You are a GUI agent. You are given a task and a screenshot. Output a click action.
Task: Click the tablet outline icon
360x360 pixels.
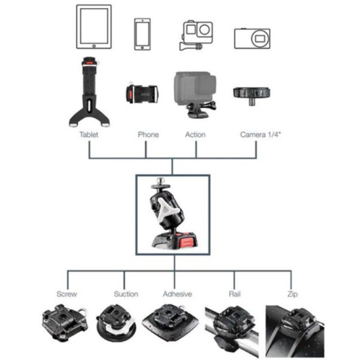[x=94, y=27]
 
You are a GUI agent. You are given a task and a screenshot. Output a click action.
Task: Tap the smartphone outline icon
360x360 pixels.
[x=143, y=34]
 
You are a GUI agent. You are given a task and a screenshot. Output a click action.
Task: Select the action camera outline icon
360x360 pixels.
[x=196, y=35]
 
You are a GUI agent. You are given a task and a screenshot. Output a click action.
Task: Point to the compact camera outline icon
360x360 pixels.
[x=252, y=38]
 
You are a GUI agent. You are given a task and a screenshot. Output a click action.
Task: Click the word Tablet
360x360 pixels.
[x=89, y=134]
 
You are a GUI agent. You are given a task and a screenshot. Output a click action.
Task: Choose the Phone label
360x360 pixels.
[x=148, y=134]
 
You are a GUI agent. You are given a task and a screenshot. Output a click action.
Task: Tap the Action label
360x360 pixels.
[x=196, y=134]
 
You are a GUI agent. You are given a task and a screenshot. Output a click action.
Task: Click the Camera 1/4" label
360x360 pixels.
[x=261, y=134]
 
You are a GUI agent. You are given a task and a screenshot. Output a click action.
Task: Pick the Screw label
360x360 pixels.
[x=67, y=294]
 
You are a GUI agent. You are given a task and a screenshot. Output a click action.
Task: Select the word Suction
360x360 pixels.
[x=126, y=294]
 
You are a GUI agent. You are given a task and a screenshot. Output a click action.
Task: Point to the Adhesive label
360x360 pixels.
[x=177, y=294]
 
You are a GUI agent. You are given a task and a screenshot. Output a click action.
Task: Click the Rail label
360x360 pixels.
[x=234, y=294]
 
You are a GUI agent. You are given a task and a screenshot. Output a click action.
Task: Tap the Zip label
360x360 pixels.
[x=293, y=294]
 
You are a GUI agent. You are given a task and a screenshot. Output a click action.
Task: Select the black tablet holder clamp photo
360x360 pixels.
[x=89, y=92]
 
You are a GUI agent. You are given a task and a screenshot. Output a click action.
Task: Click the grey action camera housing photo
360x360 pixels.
[x=196, y=94]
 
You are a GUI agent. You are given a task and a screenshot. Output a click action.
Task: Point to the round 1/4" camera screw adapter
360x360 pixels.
[x=251, y=94]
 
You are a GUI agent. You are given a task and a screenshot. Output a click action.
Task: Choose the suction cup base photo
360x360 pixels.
[x=116, y=323]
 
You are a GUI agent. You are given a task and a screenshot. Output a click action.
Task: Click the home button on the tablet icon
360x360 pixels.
[x=94, y=46]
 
